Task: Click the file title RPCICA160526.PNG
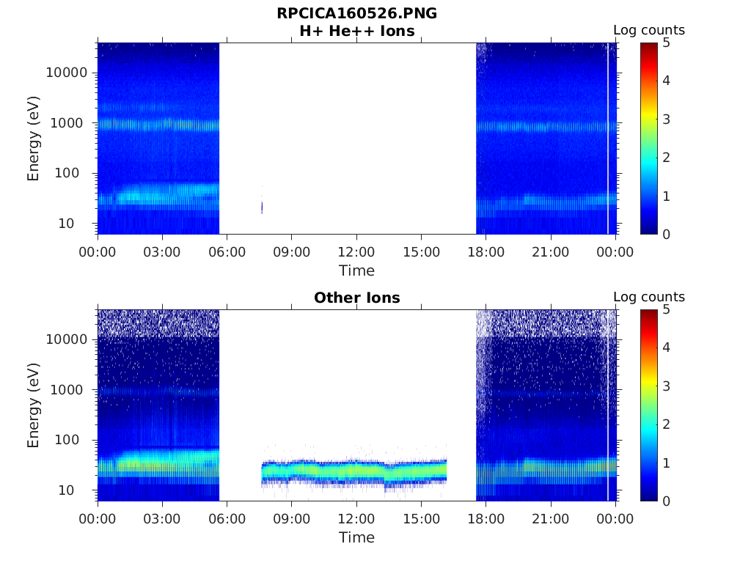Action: (x=356, y=13)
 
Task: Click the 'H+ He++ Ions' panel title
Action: (x=356, y=31)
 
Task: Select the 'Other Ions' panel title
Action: (x=356, y=298)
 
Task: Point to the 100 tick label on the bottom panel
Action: (x=77, y=440)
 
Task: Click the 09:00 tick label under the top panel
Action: (x=292, y=252)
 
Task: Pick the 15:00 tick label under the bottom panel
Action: (x=421, y=519)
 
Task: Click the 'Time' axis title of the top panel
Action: (x=356, y=271)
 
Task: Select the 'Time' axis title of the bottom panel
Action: (x=356, y=537)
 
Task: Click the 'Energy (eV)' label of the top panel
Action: (x=34, y=139)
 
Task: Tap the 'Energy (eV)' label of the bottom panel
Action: (x=34, y=405)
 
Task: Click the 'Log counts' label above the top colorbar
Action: (x=649, y=30)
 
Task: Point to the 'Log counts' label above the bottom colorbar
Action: (x=649, y=297)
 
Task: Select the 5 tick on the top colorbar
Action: (x=666, y=43)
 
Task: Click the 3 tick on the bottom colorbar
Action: (x=666, y=386)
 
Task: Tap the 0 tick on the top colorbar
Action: (x=666, y=234)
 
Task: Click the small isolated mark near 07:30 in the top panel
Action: (x=262, y=207)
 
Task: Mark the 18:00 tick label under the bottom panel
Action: (x=486, y=519)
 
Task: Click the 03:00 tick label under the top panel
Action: (x=162, y=252)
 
